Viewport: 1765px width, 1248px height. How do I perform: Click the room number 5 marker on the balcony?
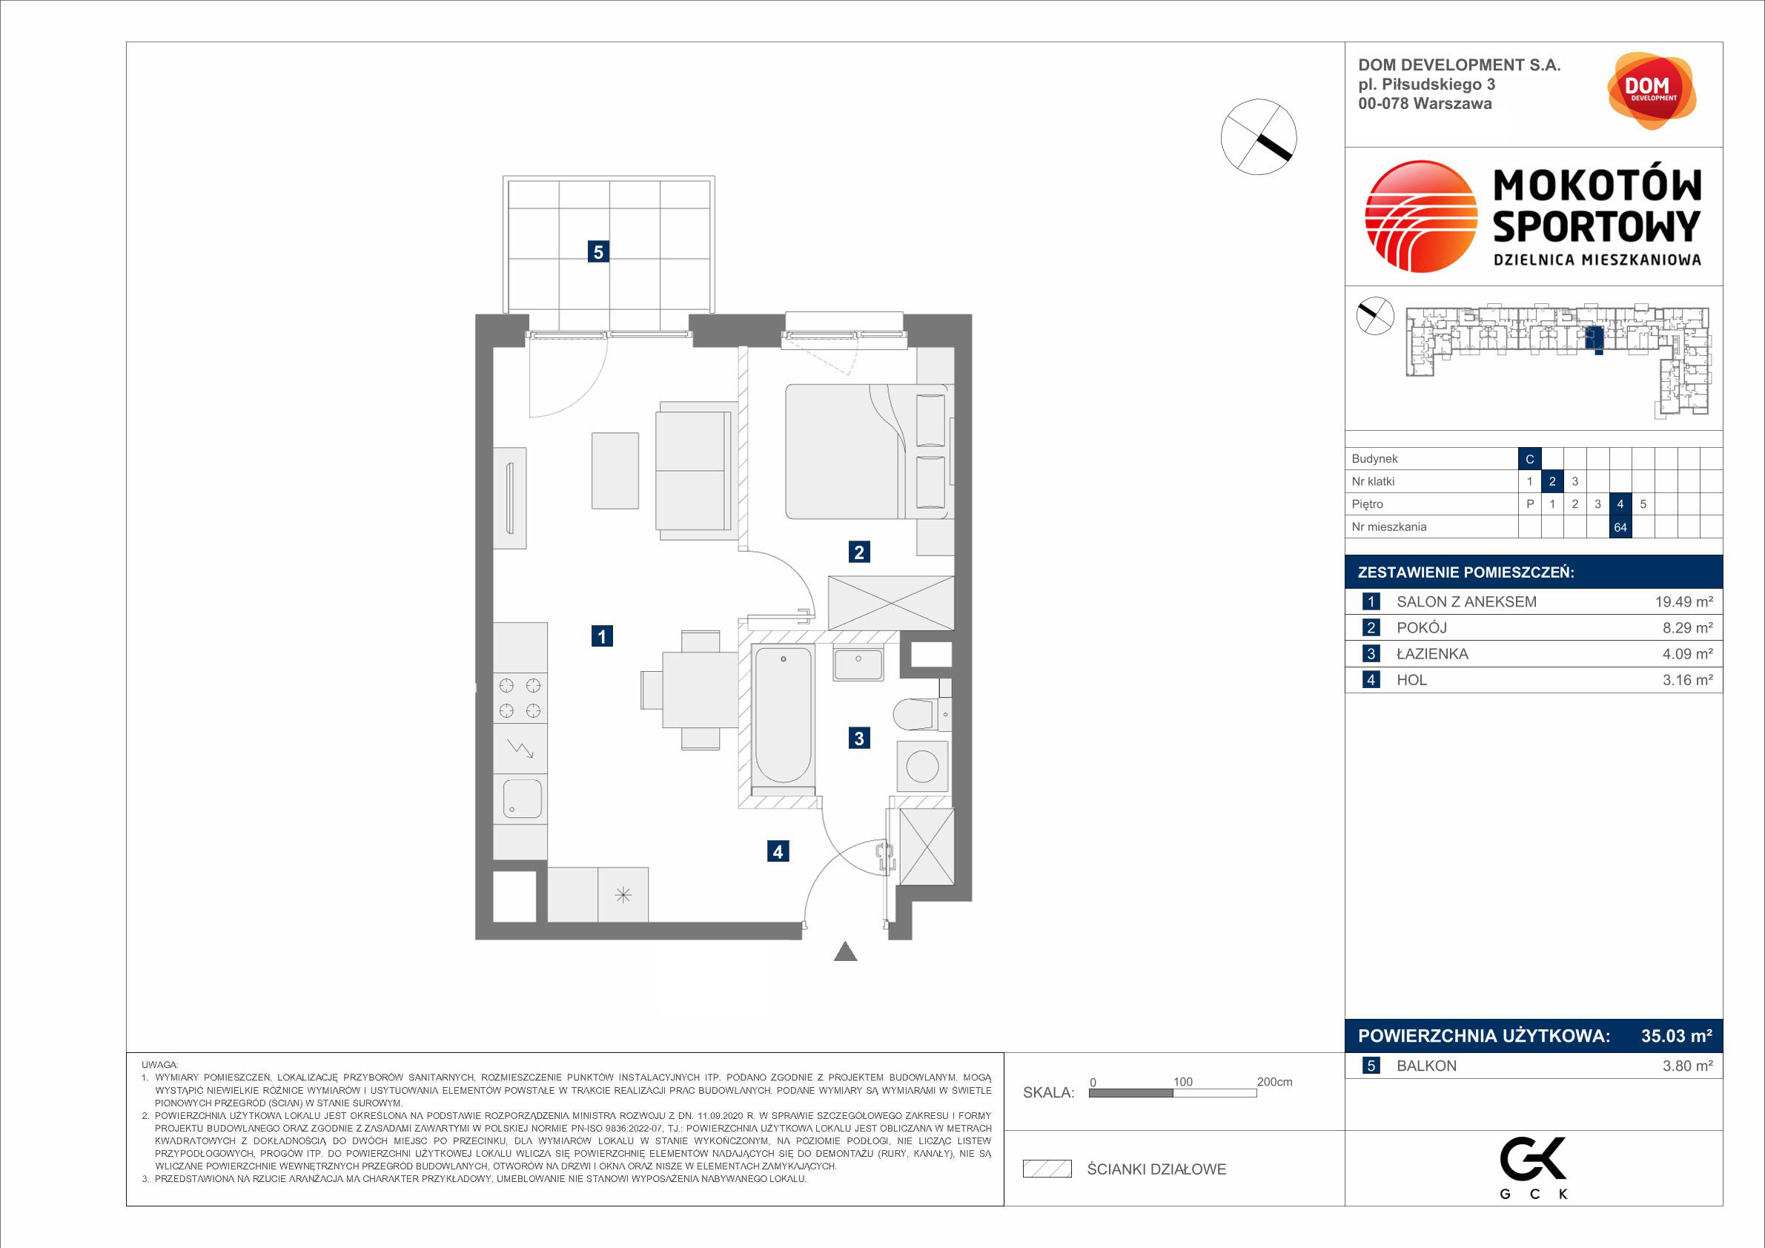click(598, 251)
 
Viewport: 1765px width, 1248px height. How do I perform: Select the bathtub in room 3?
click(783, 715)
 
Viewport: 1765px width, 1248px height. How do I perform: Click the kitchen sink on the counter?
click(522, 799)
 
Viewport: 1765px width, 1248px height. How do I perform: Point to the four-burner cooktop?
click(520, 698)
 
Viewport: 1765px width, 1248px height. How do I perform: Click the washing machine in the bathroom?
click(922, 766)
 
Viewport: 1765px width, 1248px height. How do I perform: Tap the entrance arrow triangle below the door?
click(846, 951)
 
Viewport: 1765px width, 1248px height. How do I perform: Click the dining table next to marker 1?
click(700, 689)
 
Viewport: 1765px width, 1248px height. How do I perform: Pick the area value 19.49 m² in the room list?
click(1683, 602)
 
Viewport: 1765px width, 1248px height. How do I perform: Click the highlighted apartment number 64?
click(1620, 527)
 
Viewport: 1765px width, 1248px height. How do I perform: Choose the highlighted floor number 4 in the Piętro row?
click(1620, 504)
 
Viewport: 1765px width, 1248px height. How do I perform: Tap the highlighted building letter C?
click(1530, 459)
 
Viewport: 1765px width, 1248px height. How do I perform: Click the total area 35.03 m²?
click(1677, 1036)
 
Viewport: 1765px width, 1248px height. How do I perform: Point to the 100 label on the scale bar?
click(1182, 1082)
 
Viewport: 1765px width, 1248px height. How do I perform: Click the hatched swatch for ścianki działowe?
click(1047, 1169)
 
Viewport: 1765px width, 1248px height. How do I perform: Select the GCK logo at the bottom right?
click(1534, 1167)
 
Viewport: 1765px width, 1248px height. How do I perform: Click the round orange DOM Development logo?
click(1652, 90)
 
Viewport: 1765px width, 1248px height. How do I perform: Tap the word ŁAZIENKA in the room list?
click(1432, 654)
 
